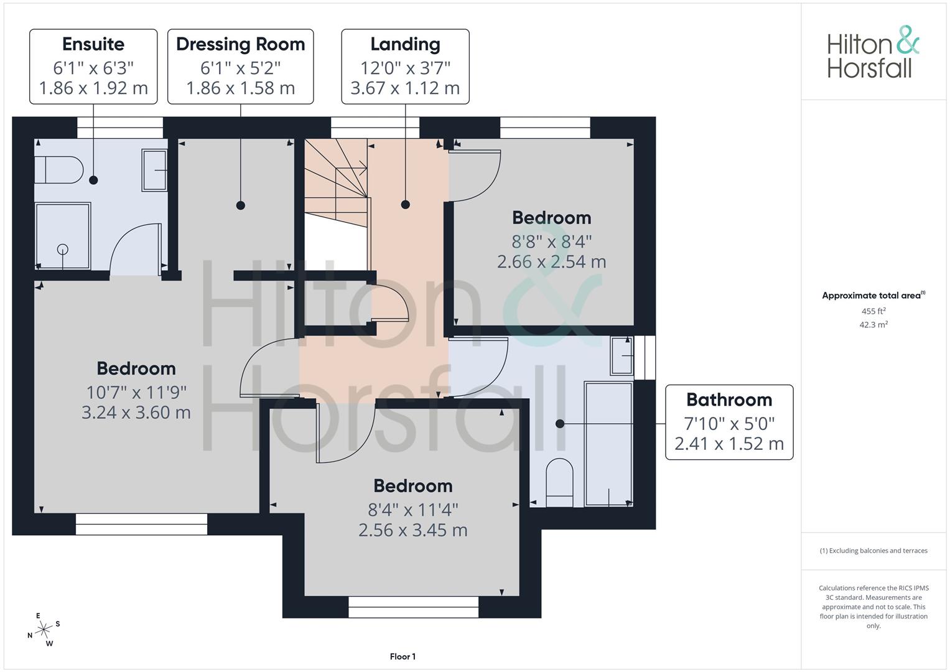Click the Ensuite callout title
point(93,44)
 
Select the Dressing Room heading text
point(241,44)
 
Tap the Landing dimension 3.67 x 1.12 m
point(405,88)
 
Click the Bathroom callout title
point(729,399)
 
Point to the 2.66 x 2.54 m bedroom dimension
point(551,262)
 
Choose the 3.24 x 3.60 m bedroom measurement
point(136,413)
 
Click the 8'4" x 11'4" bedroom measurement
point(412,510)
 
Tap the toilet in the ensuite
point(59,170)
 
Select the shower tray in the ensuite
point(63,236)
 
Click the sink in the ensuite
point(154,170)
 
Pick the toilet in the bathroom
point(559,482)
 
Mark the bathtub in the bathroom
point(608,444)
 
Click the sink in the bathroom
point(622,355)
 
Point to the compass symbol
point(44,630)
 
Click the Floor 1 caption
point(403,656)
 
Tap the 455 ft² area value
point(873,311)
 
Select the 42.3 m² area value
point(873,325)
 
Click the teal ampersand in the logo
point(908,40)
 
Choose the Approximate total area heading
point(873,296)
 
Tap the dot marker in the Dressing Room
point(241,205)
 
